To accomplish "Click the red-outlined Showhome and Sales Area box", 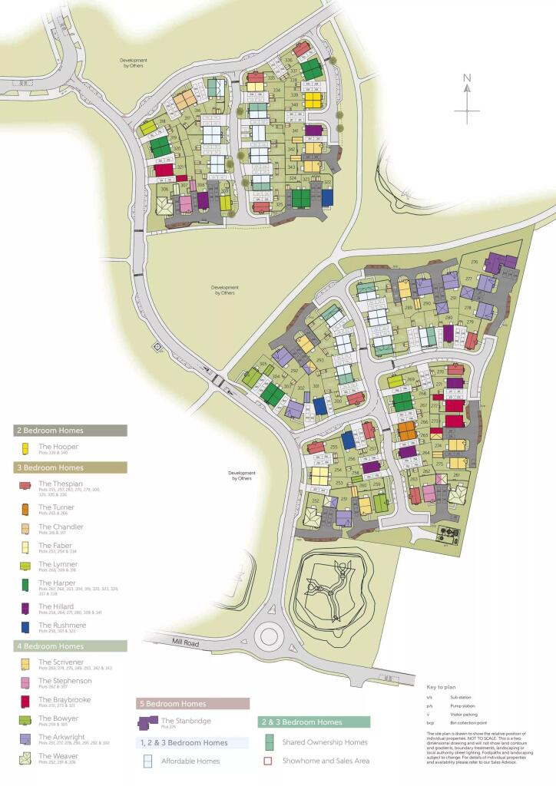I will point(268,761).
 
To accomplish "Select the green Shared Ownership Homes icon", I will point(268,741).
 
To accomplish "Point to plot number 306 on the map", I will point(164,189).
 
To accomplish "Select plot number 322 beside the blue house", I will point(327,183).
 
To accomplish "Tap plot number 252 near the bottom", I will point(315,500).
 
